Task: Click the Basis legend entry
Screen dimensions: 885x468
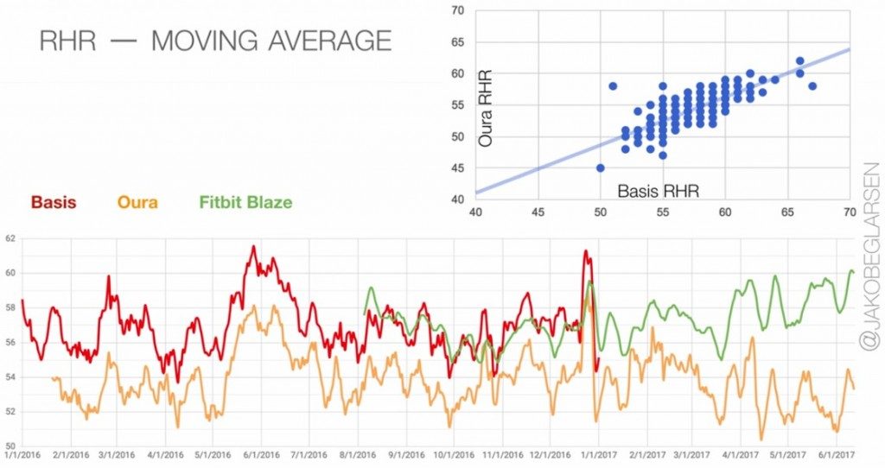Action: [x=54, y=202]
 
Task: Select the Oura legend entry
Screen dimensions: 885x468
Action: [x=137, y=202]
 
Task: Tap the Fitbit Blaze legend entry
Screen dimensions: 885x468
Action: [x=245, y=202]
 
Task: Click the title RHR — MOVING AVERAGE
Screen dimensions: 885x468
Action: [x=215, y=41]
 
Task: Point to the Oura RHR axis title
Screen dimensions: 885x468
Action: [x=486, y=108]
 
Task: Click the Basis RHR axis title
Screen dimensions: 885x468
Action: [x=658, y=191]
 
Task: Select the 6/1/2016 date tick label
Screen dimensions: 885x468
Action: [x=261, y=455]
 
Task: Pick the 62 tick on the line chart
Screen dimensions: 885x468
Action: [x=10, y=239]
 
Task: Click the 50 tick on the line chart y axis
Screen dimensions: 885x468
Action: [x=10, y=446]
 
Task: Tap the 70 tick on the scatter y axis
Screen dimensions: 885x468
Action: [x=458, y=10]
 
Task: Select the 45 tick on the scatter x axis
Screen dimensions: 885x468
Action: [x=538, y=212]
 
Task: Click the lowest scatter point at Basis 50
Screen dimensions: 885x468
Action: [x=601, y=168]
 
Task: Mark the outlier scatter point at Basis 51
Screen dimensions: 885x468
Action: [x=613, y=86]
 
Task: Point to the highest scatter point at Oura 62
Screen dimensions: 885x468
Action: [x=799, y=61]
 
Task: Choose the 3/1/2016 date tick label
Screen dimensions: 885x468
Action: [x=118, y=455]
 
